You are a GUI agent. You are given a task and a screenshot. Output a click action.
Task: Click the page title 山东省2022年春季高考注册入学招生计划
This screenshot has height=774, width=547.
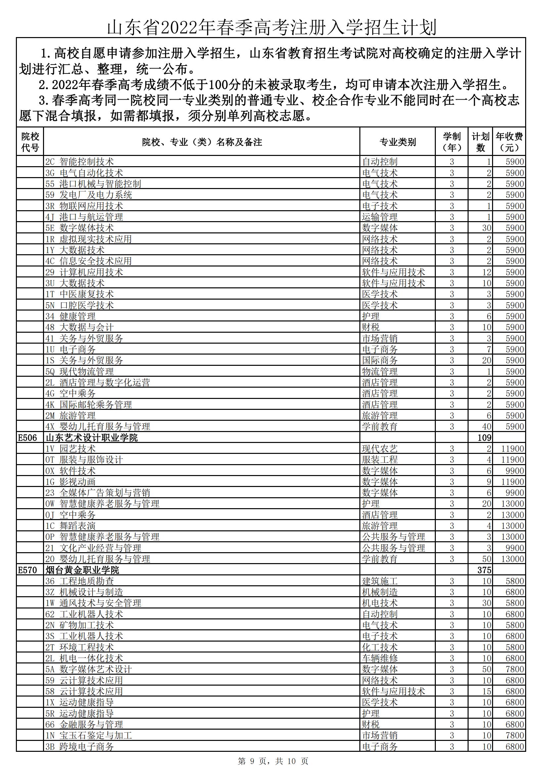point(272,27)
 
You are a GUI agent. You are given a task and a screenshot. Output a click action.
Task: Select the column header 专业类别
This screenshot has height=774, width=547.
point(397,142)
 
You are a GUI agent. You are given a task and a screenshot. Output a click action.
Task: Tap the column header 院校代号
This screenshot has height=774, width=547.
point(30,142)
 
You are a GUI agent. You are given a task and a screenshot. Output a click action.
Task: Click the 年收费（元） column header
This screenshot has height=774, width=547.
point(509,142)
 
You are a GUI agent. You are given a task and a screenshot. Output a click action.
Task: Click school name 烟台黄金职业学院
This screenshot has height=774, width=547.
point(82,570)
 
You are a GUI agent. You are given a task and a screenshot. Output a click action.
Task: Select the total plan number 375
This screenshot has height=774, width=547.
point(484,570)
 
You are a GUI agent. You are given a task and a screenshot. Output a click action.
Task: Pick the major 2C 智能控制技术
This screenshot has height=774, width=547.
point(79,162)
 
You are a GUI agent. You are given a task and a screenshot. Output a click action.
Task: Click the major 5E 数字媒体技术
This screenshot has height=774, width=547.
point(79,228)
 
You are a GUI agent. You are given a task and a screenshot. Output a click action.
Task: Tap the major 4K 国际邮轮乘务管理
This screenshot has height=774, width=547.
point(89,405)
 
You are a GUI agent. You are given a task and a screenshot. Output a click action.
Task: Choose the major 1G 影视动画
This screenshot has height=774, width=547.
point(70,482)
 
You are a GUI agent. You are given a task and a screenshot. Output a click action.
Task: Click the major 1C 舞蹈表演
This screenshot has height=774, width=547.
point(70,526)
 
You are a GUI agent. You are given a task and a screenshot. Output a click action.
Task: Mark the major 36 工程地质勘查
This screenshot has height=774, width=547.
point(79,581)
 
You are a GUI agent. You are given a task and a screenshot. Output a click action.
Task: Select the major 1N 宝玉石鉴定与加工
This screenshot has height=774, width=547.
point(89,735)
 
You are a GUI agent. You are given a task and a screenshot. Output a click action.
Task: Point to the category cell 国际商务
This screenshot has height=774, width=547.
point(380,361)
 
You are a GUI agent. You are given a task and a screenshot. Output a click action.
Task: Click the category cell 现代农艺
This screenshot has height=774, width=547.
point(380,449)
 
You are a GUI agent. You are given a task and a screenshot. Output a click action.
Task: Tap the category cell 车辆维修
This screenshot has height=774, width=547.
point(380,658)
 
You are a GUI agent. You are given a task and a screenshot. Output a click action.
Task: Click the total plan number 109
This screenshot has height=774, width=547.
point(484,438)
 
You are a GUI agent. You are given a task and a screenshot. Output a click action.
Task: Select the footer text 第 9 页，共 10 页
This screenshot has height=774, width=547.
point(273,761)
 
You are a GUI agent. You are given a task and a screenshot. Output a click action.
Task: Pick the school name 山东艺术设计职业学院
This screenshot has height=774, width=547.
point(92,438)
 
